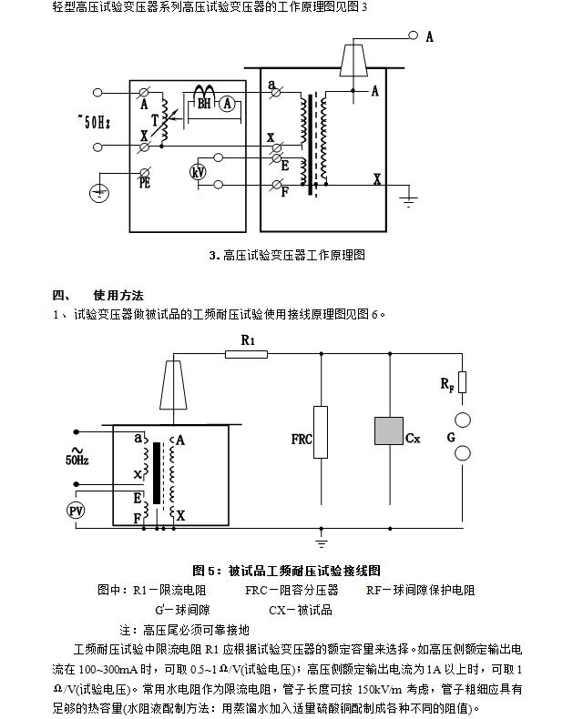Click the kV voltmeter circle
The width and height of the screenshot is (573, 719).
(198, 172)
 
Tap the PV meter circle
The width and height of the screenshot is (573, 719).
(76, 511)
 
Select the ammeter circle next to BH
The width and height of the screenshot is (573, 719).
(227, 104)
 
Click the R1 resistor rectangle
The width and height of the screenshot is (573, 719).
(247, 354)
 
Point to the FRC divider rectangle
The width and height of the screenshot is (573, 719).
(321, 432)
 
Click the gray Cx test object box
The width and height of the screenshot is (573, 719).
(389, 430)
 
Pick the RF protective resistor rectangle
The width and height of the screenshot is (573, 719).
(463, 382)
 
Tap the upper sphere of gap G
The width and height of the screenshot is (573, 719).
(463, 420)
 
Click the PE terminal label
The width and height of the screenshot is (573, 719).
(145, 183)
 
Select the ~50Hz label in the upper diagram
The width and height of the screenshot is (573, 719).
(94, 122)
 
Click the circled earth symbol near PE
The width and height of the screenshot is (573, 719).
(98, 193)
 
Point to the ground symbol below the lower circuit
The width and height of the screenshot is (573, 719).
(322, 543)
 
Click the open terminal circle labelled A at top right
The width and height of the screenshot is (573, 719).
(414, 35)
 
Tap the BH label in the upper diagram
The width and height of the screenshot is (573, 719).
(204, 104)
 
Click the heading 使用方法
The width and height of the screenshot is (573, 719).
(118, 295)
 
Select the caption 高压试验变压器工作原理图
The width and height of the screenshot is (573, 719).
(294, 255)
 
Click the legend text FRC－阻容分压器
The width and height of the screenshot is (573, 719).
(292, 590)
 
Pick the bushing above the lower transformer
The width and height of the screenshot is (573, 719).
(173, 385)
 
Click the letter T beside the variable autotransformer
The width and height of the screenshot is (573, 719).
(155, 120)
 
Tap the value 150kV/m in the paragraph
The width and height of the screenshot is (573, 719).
(379, 690)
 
